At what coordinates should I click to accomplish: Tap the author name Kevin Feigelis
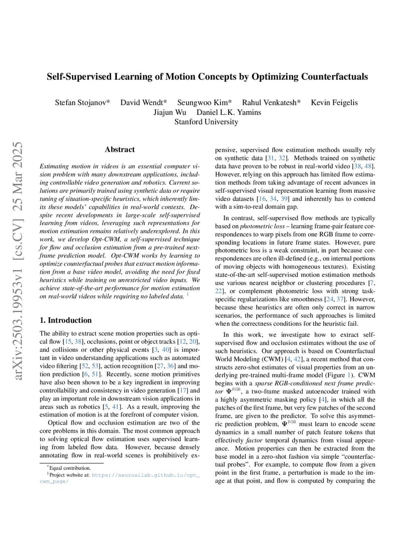point(334,102)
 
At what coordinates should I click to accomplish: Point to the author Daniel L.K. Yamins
point(229,112)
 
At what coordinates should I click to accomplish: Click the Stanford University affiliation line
point(206,121)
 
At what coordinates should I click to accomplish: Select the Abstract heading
point(120,150)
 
